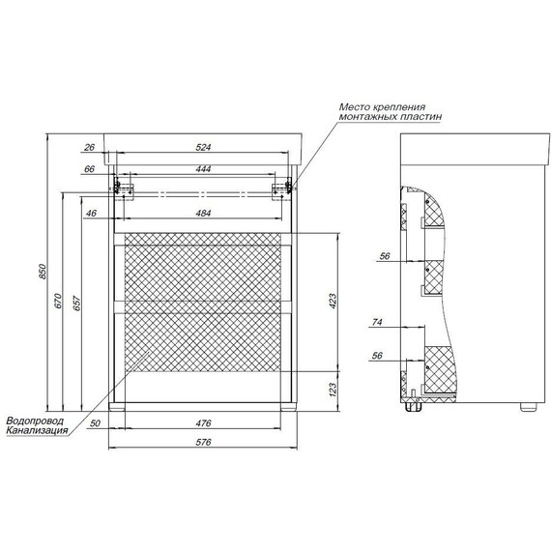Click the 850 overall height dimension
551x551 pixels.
pos(42,272)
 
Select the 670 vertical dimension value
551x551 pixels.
pos(58,301)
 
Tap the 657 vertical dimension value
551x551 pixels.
pos(77,304)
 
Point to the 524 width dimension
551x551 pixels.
pos(203,147)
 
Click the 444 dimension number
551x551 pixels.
pos(203,169)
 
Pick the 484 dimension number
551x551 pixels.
pos(203,213)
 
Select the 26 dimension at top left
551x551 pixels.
pos(89,147)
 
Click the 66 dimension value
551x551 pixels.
pos(89,169)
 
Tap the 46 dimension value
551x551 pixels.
pos(91,213)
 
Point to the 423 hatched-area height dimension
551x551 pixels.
pos(333,301)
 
